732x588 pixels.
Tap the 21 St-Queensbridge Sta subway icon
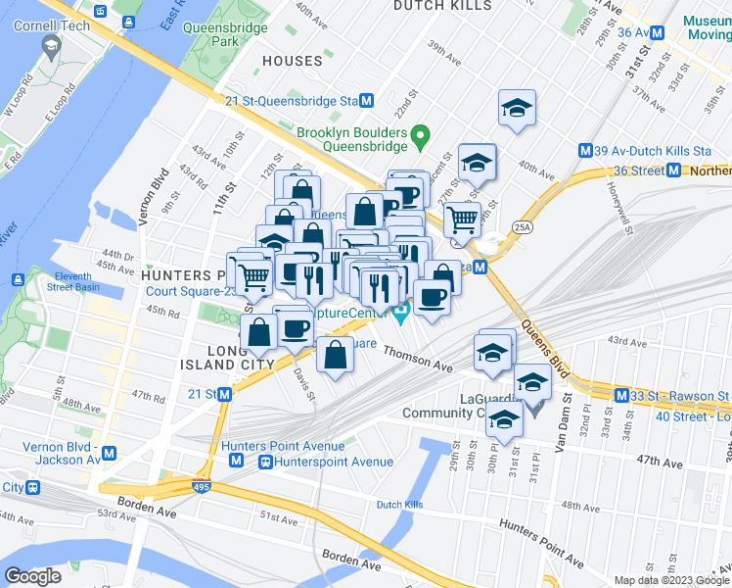click(x=367, y=101)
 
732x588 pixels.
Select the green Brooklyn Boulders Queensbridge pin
click(x=420, y=134)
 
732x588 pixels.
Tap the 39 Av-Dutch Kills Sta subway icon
click(x=585, y=151)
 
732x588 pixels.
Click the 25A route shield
click(x=524, y=227)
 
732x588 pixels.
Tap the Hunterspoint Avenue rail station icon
click(x=264, y=462)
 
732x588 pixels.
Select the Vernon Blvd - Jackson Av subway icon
click(x=109, y=454)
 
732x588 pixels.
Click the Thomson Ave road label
click(x=418, y=359)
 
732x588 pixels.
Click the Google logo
click(x=32, y=576)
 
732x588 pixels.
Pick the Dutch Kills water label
click(x=398, y=506)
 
